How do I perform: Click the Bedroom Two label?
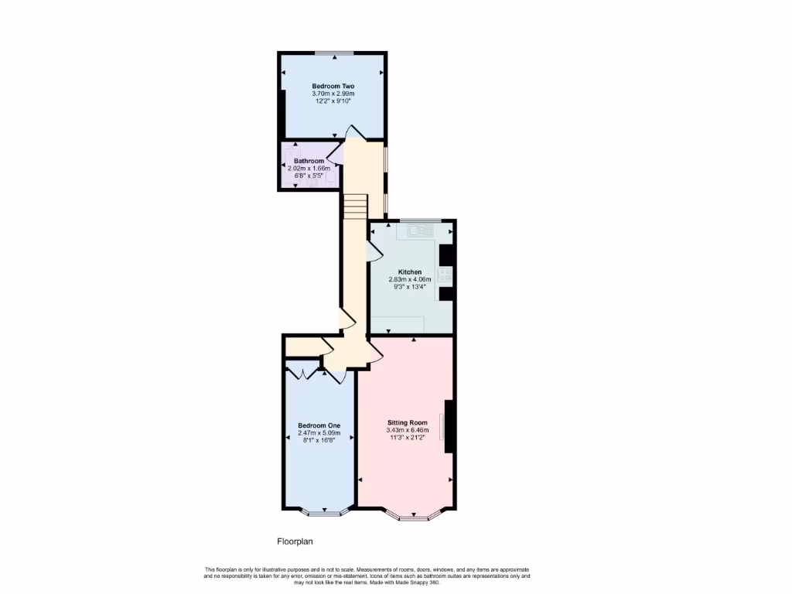(x=333, y=86)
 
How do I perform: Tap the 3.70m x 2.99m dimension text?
(x=333, y=94)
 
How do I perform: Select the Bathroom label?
(x=309, y=161)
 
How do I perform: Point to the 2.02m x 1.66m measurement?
(x=309, y=168)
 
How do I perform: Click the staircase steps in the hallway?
(x=354, y=206)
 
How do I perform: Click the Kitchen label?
(x=410, y=272)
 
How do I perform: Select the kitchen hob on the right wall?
(x=446, y=275)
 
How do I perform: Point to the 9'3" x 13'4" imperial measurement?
(x=410, y=287)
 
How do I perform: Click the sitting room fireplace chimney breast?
(x=449, y=427)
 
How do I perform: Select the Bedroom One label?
(x=319, y=425)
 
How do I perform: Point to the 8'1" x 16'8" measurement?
(x=319, y=440)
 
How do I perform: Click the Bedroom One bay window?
(x=319, y=512)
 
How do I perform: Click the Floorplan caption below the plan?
(x=295, y=541)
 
